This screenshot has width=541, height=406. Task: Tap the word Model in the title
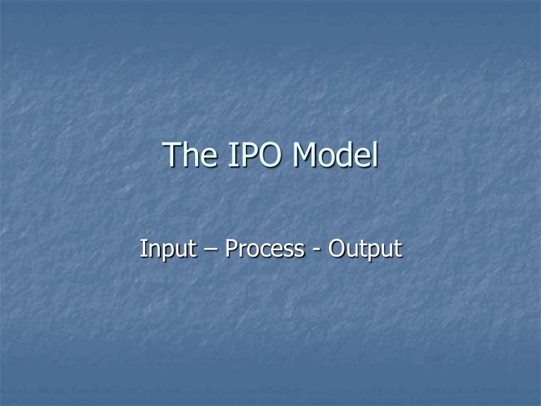tap(335, 156)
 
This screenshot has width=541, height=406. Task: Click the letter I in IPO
tap(230, 156)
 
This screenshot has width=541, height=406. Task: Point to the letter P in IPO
tap(245, 156)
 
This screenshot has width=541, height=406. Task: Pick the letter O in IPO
tap(270, 156)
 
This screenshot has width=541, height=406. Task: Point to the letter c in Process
tap(263, 250)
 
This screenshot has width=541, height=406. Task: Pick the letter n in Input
tap(152, 250)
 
